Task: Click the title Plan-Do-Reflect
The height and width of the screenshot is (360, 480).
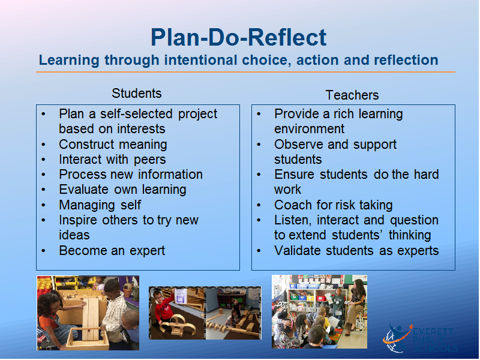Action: (238, 38)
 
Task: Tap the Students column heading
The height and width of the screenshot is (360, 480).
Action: (137, 94)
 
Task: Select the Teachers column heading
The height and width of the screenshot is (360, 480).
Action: (352, 95)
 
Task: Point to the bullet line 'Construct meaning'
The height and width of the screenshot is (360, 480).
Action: (113, 144)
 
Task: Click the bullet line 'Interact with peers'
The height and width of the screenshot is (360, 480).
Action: (112, 160)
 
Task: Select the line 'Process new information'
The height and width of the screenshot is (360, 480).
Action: (131, 175)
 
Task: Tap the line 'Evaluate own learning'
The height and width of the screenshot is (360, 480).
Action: (122, 190)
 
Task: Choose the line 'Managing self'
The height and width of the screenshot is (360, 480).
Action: (100, 205)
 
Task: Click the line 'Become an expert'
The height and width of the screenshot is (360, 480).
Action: (112, 251)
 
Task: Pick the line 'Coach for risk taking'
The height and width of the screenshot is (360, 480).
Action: (334, 205)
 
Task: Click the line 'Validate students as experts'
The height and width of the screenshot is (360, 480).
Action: (356, 251)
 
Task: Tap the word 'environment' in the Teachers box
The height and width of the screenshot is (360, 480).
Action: (309, 129)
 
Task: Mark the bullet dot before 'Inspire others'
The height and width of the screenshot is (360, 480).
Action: (43, 220)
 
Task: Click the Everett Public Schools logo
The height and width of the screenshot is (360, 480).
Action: (420, 338)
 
